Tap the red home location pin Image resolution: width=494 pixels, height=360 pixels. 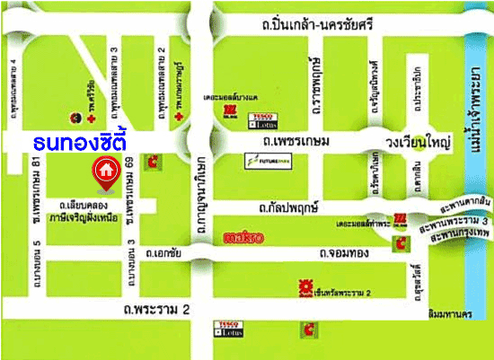coord(106,171)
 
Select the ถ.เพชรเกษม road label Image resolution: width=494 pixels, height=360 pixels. coord(292,141)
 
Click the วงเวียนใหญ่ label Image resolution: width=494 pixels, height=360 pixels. coord(419,141)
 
